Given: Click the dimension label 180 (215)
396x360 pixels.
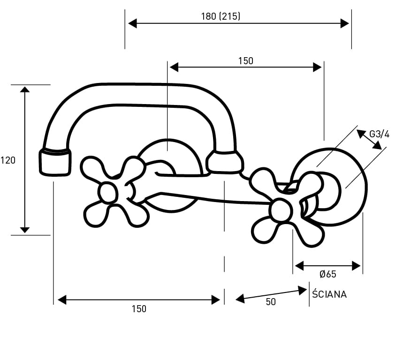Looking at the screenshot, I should tap(221, 16).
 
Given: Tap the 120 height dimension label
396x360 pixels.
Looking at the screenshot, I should tap(8, 160).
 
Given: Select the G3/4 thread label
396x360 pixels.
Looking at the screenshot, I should tap(379, 134).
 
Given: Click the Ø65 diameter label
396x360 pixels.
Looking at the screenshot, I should tap(327, 274).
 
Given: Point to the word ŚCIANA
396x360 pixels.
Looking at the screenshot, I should tap(329, 294).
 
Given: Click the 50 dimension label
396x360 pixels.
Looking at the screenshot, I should tap(271, 302).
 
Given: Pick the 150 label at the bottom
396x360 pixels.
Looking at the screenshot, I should tap(139, 308).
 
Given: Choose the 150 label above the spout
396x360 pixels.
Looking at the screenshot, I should tap(245, 60).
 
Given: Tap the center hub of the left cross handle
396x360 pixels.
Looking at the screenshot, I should tap(108, 192).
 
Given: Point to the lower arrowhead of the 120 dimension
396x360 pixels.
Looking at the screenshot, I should tap(25, 230).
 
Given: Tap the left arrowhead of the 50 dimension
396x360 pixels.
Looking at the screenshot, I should tap(240, 299).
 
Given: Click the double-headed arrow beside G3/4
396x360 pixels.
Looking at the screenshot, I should tap(369, 140).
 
